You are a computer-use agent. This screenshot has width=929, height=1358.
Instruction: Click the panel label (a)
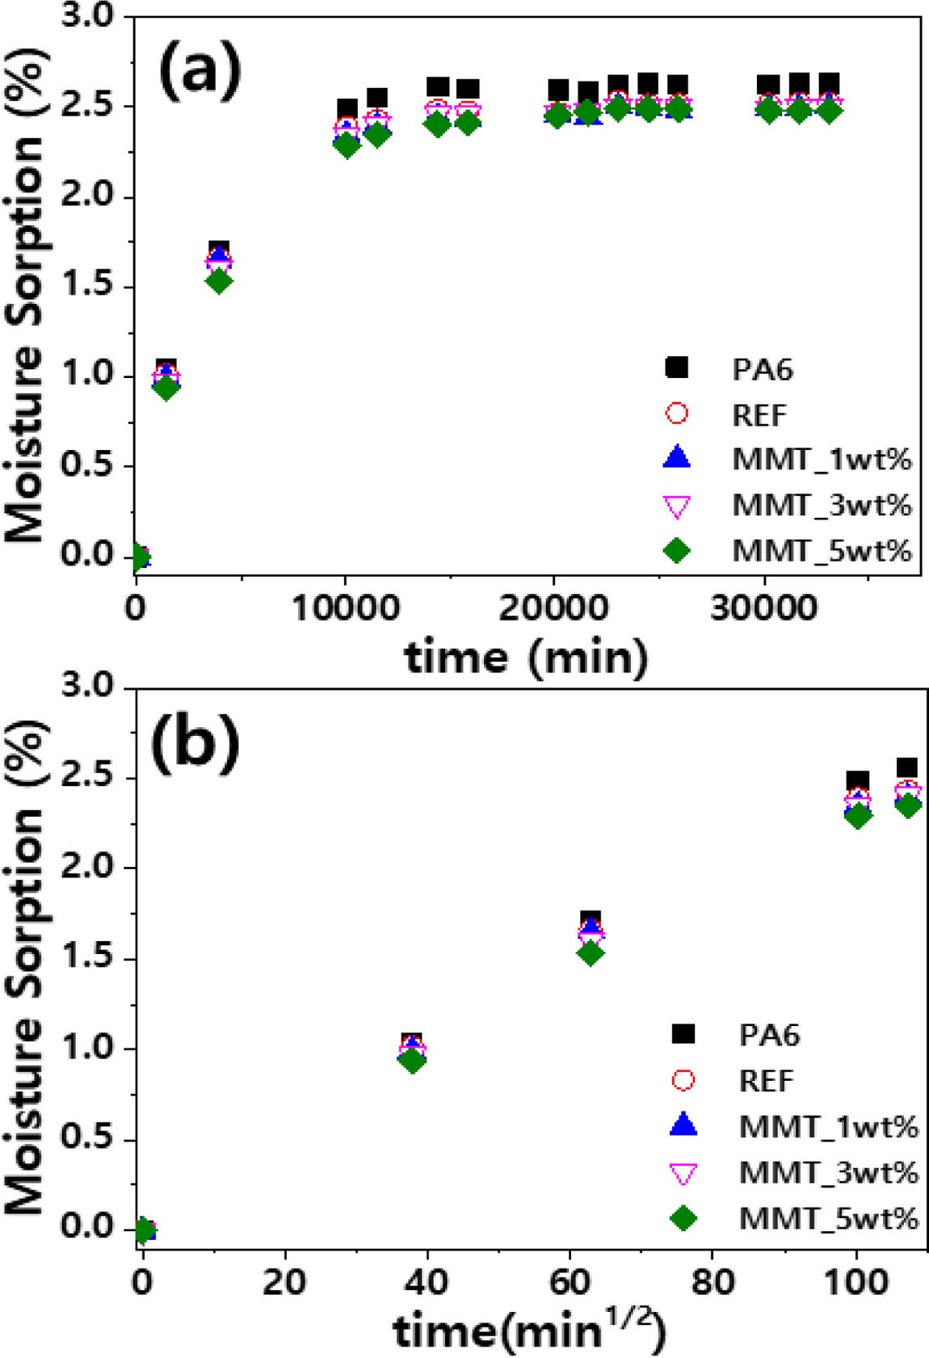coord(200,71)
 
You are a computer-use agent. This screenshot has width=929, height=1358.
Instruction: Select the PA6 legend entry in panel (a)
coord(762,369)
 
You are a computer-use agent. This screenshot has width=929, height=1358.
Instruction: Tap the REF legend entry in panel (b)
coord(767,1080)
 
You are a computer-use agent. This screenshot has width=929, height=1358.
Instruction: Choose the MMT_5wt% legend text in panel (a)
coord(822,551)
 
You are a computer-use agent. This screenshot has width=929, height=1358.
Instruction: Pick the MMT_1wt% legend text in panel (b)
coord(828,1126)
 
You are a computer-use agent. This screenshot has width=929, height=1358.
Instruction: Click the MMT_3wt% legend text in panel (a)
coord(822,505)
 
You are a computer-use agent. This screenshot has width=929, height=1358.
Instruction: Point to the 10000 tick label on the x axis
coord(345,608)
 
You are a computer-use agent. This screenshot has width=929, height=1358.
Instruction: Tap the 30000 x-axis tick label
coord(763,608)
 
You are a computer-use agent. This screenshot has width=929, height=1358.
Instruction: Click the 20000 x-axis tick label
coord(553,608)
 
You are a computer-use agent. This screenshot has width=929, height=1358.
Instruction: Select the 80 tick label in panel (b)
coord(712,1282)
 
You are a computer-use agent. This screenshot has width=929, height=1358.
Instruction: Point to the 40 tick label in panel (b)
coord(427,1282)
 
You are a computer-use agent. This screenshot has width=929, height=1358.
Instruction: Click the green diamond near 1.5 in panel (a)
coord(219,281)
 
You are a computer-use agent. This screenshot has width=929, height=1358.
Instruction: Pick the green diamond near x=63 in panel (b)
coord(591,953)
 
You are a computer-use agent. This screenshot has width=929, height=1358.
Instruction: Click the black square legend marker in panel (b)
coord(683,1034)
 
